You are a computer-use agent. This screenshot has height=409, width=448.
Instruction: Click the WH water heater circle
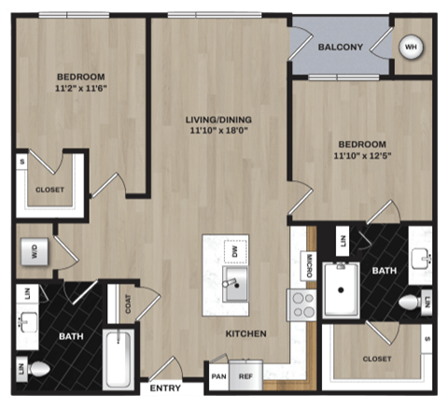pyautogui.click(x=412, y=47)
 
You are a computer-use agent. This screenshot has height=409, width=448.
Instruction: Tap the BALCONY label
pyautogui.click(x=340, y=47)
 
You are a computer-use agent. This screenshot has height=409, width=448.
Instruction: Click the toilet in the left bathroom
pyautogui.click(x=37, y=370)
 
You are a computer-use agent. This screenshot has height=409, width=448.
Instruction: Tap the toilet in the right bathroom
pyautogui.click(x=410, y=303)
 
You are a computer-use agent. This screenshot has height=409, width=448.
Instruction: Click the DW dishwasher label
pyautogui.click(x=235, y=251)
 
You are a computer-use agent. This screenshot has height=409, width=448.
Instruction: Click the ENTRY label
pyautogui.click(x=164, y=386)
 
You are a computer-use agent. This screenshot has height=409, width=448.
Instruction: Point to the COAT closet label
pyautogui.click(x=126, y=304)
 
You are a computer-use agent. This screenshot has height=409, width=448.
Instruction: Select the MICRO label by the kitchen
pyautogui.click(x=306, y=267)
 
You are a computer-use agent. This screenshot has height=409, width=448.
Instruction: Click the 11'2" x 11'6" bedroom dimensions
pyautogui.click(x=79, y=89)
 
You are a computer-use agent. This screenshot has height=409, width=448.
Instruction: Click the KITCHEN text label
pyautogui.click(x=245, y=333)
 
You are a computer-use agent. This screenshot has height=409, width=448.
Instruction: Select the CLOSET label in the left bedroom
pyautogui.click(x=49, y=190)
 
